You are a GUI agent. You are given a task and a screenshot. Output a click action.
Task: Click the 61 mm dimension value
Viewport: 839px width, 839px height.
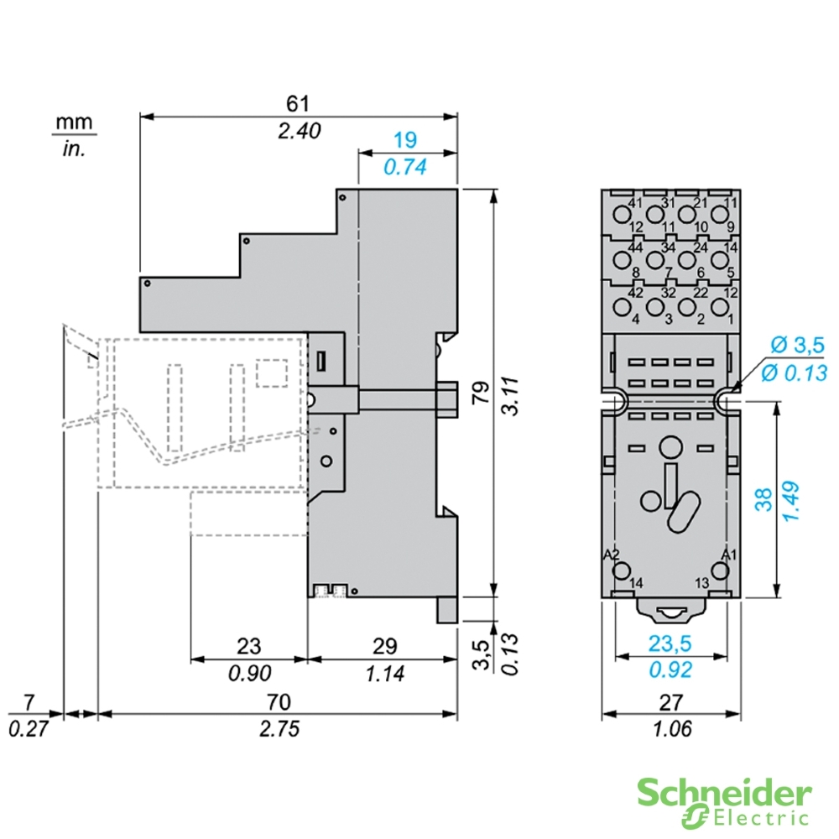[x=298, y=103]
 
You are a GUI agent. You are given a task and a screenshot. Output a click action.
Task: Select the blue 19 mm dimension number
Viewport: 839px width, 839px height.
[x=405, y=140]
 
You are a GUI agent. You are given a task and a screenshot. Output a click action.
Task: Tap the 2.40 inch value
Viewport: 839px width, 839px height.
[x=298, y=130]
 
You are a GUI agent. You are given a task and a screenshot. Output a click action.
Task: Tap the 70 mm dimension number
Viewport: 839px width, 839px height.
[x=278, y=702]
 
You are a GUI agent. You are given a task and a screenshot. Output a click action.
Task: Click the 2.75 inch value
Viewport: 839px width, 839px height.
[x=278, y=728]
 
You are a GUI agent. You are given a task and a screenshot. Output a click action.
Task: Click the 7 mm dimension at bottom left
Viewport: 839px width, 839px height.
[x=29, y=702]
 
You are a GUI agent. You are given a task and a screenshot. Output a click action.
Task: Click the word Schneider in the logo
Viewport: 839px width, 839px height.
[x=724, y=792]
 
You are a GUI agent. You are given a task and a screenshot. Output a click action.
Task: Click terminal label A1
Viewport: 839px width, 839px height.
[x=729, y=555]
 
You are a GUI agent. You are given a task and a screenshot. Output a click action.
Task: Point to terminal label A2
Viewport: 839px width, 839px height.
[x=612, y=555]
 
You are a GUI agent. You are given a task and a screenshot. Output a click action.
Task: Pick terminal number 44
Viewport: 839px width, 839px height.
[x=634, y=248]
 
